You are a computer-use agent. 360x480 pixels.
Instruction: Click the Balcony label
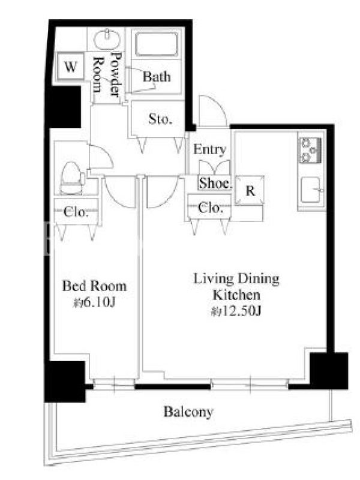(188, 412)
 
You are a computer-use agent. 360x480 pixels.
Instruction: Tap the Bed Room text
(94, 286)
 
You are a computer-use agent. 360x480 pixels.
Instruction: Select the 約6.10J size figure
(94, 303)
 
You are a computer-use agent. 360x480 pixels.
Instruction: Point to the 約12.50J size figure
(236, 311)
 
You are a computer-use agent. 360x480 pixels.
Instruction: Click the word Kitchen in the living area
(236, 295)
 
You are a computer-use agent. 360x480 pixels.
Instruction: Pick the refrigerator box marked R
(250, 190)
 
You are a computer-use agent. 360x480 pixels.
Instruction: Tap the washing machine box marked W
(71, 66)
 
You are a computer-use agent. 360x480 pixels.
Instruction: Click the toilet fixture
(72, 178)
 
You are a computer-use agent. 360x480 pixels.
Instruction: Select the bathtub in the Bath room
(157, 44)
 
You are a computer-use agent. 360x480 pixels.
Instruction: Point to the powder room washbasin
(107, 40)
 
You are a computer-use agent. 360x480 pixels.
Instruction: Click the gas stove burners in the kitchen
(310, 151)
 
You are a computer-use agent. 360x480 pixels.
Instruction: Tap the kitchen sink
(311, 190)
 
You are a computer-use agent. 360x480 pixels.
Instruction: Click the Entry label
(209, 149)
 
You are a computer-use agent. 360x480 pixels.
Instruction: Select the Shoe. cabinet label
(215, 183)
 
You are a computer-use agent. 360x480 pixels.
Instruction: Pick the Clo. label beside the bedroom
(76, 212)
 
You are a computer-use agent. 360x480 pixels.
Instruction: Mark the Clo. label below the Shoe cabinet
(210, 208)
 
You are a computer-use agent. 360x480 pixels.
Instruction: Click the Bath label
(157, 77)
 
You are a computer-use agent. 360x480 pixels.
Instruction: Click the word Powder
(116, 74)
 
